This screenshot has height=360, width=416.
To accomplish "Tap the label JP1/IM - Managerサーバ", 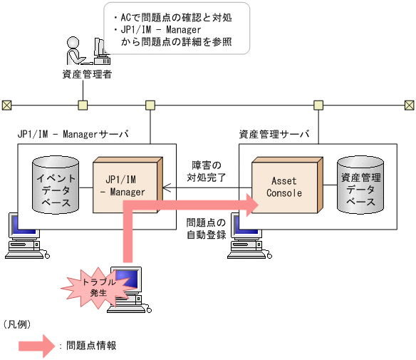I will pos(73,133).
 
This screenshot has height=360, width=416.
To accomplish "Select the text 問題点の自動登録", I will pos(206,228).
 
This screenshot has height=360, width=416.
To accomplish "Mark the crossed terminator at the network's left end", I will pos(6,106).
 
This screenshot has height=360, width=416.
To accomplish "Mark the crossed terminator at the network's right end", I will pos(409,106).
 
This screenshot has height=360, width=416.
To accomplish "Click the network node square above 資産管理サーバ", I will pos(318,106).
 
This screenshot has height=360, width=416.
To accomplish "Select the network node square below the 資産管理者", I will pos(83,106).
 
